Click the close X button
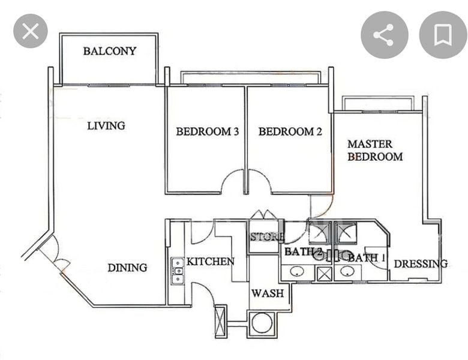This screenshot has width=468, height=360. (31, 31)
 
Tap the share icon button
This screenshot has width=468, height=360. (384, 35)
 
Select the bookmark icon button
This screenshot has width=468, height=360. (443, 35)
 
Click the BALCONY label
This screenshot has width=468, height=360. (110, 51)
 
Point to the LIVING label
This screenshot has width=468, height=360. (106, 125)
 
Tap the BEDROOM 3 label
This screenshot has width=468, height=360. (208, 131)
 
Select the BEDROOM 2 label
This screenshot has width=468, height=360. (290, 131)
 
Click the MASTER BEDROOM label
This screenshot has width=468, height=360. (375, 150)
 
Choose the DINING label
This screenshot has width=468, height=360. (127, 268)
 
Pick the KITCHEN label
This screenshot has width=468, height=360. (210, 262)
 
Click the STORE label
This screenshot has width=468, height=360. (266, 237)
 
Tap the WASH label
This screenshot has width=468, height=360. (268, 293)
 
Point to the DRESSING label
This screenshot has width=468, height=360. (421, 264)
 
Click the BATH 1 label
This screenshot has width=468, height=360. (367, 257)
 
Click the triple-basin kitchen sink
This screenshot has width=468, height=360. (178, 271)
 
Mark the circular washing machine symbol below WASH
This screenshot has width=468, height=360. (262, 323)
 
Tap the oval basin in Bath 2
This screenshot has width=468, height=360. (296, 271)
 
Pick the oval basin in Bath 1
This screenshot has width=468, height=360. (347, 271)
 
